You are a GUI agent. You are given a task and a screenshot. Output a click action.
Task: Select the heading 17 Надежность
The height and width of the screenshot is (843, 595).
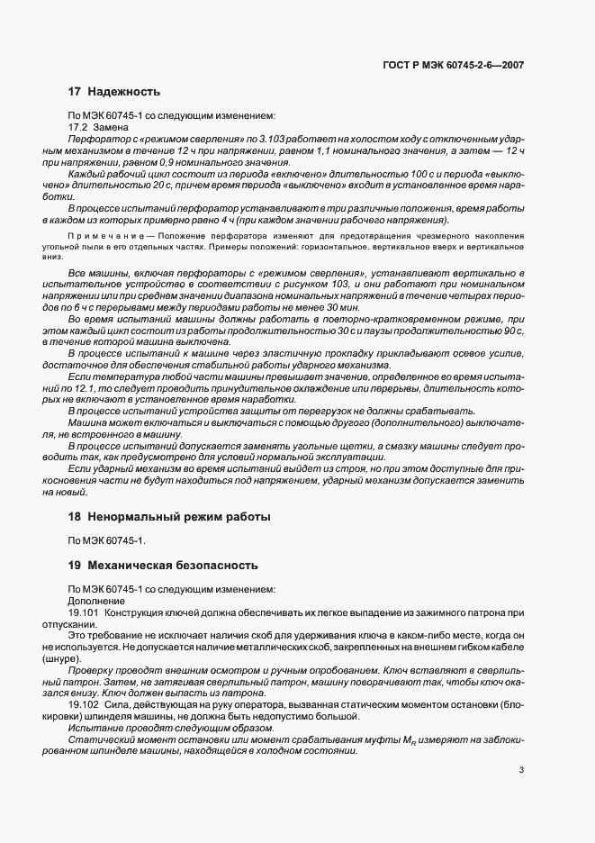click(114, 92)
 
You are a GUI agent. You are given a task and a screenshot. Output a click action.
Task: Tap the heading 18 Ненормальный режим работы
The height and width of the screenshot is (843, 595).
click(169, 517)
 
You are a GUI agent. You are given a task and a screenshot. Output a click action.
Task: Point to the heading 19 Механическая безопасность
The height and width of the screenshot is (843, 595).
click(163, 566)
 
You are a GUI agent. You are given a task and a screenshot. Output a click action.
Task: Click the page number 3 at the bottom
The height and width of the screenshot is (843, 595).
click(522, 769)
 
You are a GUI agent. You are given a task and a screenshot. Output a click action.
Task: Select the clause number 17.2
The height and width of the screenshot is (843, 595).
click(80, 128)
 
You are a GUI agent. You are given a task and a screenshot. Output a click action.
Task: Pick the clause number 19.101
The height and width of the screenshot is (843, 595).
click(84, 612)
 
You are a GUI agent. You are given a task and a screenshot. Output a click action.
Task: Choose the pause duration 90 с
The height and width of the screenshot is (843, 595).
click(513, 331)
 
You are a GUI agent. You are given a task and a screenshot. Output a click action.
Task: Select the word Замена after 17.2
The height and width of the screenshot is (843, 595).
click(113, 128)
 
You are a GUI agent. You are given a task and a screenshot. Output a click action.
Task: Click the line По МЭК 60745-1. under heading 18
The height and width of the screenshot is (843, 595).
click(107, 540)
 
